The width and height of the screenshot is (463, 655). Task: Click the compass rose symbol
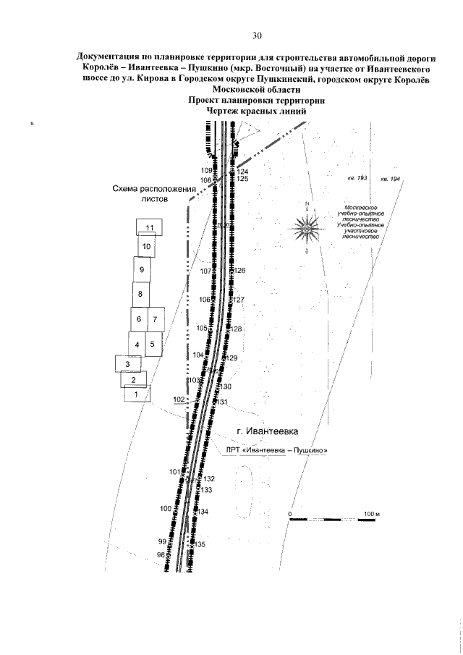tap(307, 229)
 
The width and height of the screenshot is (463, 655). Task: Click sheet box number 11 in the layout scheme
tap(150, 227)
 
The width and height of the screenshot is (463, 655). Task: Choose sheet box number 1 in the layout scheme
tap(132, 394)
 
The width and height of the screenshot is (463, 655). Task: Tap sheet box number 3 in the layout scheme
tap(127, 363)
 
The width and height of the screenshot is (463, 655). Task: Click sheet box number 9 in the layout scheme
tap(143, 269)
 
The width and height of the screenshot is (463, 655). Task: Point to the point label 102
tap(180, 400)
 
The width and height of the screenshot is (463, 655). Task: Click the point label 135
tap(201, 544)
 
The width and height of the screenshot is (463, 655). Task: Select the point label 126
tap(241, 271)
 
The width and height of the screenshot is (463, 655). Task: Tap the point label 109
tap(206, 170)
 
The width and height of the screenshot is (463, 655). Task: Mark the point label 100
tap(165, 508)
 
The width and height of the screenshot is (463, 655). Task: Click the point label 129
tap(231, 358)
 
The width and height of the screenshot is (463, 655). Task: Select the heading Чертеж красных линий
tap(257, 111)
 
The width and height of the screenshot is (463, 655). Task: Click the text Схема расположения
tap(154, 188)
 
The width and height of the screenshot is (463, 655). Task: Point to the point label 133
tap(206, 491)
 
